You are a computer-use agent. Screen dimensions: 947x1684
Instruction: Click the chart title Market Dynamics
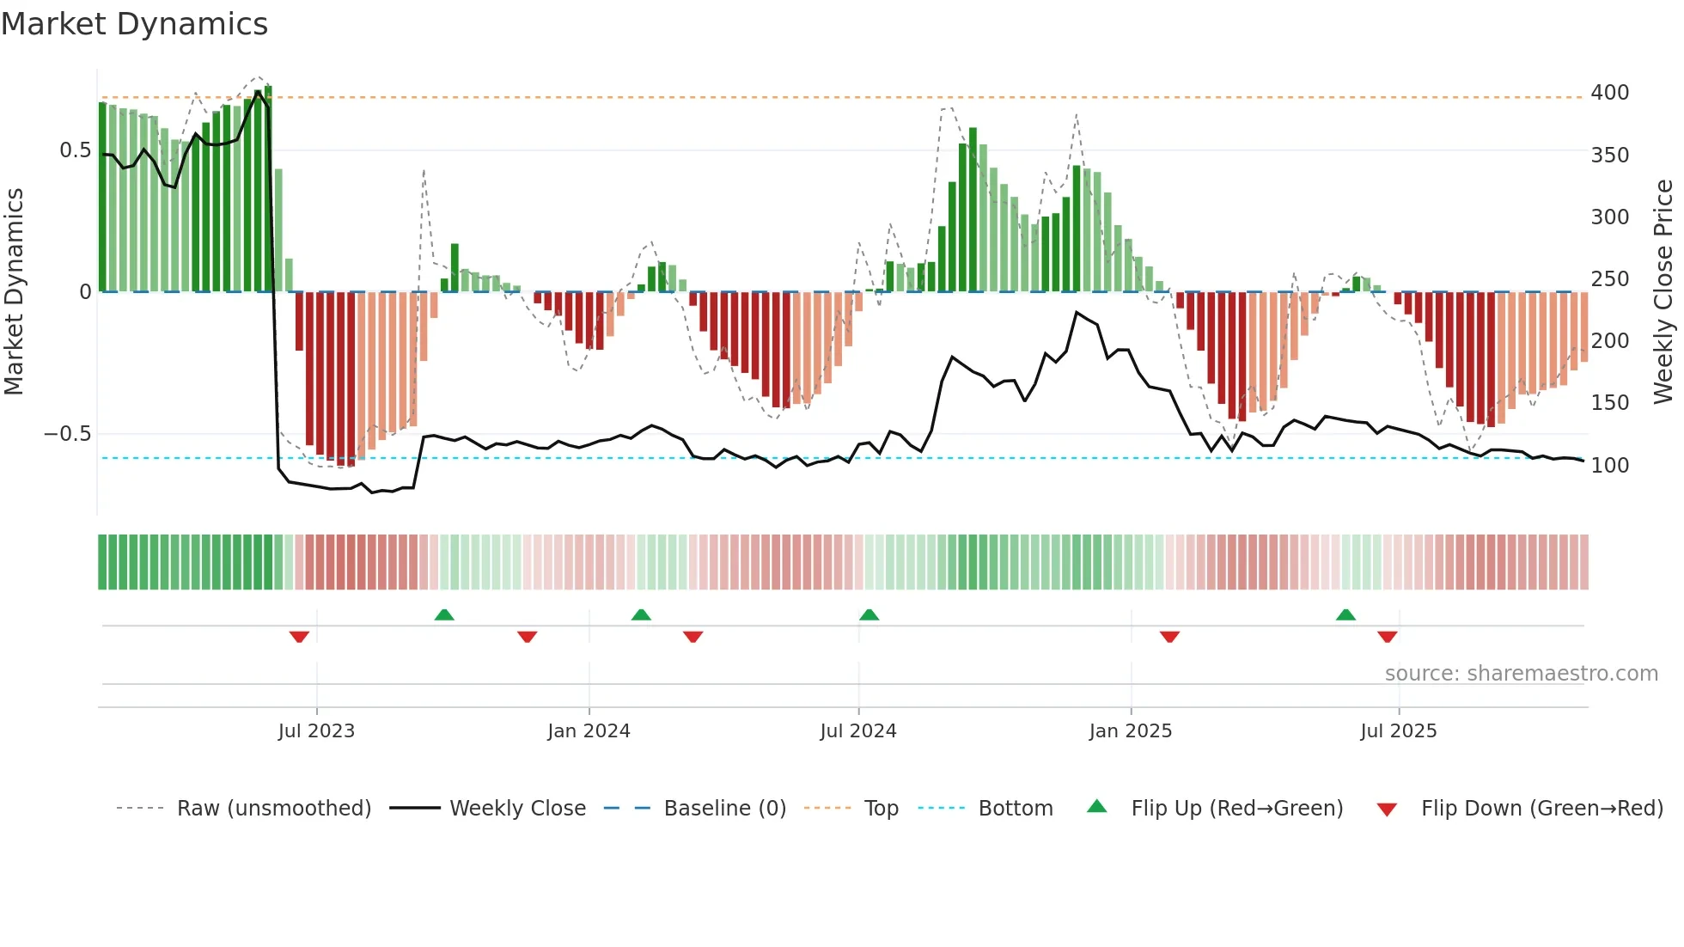click(135, 24)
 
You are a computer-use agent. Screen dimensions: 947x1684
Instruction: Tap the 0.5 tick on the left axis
click(75, 150)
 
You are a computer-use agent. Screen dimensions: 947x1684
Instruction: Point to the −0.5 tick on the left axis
click(68, 434)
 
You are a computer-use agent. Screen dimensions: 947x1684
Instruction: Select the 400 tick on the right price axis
click(1609, 93)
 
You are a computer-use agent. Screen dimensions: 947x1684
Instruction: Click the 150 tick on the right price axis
click(1609, 403)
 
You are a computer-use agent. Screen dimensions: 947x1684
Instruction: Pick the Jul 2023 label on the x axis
click(316, 731)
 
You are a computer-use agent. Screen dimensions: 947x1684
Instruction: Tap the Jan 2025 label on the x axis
click(1130, 731)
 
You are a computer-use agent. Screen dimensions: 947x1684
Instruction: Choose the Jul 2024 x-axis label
click(857, 731)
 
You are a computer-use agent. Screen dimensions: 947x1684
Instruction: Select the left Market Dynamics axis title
click(15, 292)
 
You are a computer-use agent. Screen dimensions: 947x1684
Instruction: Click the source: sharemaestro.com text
click(1521, 674)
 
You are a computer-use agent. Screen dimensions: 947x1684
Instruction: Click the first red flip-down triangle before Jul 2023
click(299, 637)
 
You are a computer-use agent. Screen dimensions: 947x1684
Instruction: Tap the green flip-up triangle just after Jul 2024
click(869, 614)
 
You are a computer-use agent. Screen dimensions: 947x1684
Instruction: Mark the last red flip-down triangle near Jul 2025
click(1387, 637)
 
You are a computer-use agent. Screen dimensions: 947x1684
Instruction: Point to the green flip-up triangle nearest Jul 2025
click(1345, 614)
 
